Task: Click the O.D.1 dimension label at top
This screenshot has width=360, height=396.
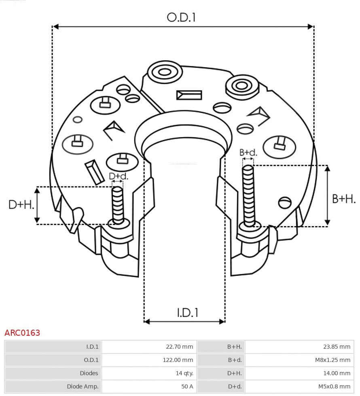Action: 181,17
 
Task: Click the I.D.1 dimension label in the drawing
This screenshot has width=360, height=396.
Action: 187,312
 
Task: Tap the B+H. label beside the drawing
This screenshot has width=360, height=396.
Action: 343,199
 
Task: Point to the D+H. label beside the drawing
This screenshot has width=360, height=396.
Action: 21,205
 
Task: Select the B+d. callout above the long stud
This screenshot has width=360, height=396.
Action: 248,152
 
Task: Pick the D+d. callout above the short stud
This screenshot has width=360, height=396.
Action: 118,176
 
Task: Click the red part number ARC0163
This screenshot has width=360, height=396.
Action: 22,333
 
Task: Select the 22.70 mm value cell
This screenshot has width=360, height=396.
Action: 180,347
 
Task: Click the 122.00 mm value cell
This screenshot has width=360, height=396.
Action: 178,360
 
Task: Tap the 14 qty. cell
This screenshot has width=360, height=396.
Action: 184,373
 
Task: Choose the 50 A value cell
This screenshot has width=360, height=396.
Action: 187,386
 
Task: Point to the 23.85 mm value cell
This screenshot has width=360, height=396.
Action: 337,347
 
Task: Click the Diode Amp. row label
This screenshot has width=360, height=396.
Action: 83,386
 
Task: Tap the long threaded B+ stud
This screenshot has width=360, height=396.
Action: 248,196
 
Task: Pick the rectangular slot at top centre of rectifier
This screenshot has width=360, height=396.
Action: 189,95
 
